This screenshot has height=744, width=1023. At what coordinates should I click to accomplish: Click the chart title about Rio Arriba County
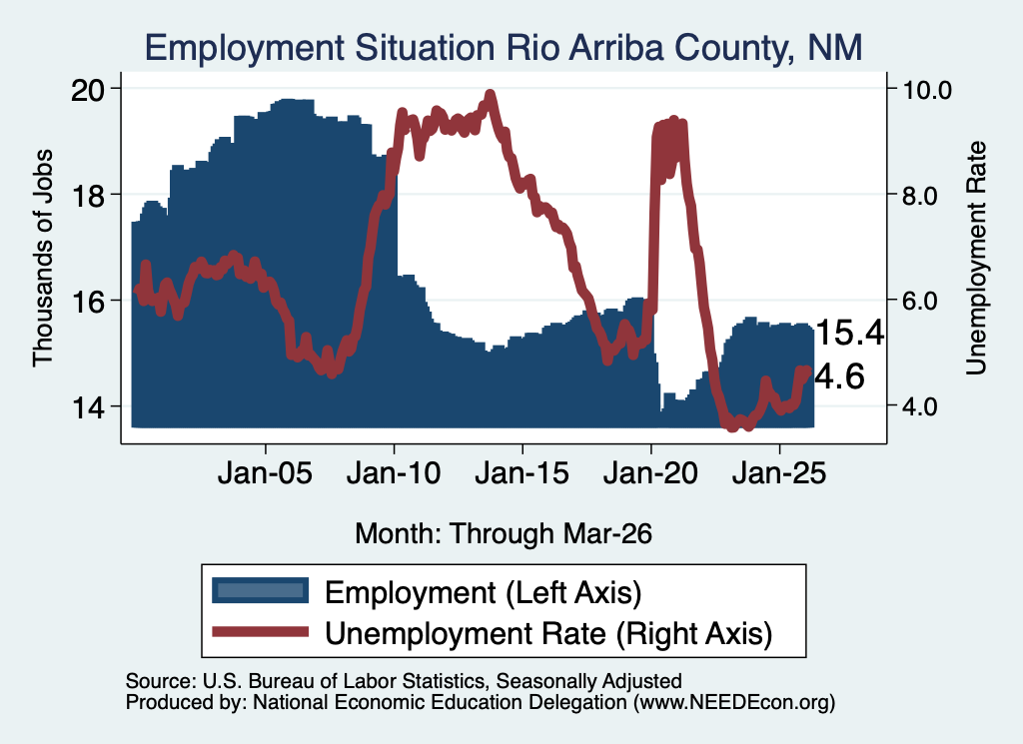(504, 48)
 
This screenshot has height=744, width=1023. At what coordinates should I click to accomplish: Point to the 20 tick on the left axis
(87, 89)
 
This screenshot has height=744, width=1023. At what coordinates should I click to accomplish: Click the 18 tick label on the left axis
(87, 195)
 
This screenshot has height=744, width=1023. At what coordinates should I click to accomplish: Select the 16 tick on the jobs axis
(87, 302)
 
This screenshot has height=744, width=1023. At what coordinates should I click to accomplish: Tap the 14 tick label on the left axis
(87, 407)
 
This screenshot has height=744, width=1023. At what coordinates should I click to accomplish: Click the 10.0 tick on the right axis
(926, 89)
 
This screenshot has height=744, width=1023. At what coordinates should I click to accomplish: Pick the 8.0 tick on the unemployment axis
(920, 195)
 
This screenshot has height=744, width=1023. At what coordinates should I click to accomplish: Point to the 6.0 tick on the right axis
(920, 301)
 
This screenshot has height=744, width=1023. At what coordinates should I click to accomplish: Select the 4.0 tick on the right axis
(920, 406)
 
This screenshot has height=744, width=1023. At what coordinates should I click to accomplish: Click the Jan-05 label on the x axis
(265, 472)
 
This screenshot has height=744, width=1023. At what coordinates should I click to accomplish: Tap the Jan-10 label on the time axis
(394, 472)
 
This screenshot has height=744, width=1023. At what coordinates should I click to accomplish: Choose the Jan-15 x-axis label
(521, 472)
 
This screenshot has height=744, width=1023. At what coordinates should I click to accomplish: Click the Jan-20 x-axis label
(650, 472)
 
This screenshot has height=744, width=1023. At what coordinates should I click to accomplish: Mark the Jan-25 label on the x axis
(779, 472)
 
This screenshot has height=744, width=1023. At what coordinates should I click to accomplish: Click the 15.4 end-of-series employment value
(849, 333)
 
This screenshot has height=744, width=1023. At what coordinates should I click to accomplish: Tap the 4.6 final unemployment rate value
(839, 376)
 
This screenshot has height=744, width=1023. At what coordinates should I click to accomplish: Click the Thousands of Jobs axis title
(42, 259)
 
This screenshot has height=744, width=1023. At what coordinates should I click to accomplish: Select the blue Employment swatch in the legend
(261, 590)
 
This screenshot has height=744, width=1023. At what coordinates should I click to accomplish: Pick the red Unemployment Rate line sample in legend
(261, 631)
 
